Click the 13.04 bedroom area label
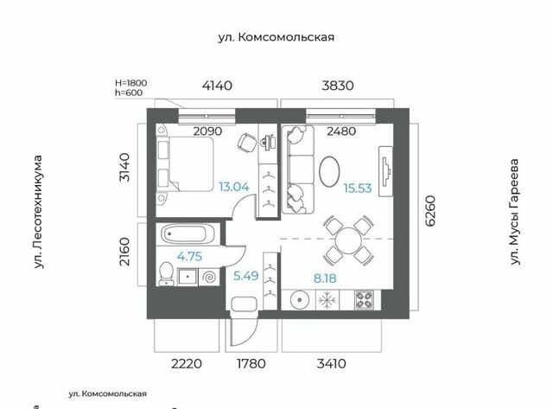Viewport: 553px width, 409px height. click(x=234, y=186)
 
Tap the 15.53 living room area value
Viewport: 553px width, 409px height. click(x=358, y=189)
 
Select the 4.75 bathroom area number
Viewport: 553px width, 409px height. click(x=189, y=256)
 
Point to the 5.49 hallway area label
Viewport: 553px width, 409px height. click(x=245, y=276)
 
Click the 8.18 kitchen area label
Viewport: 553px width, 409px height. click(x=325, y=278)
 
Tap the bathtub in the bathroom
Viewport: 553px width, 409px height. click(x=188, y=234)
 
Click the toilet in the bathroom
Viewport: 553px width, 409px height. click(x=166, y=274)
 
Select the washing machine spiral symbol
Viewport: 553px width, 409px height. click(x=208, y=277)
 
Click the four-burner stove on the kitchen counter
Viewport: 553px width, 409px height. click(x=364, y=300)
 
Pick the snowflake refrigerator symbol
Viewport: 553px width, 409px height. click(x=327, y=300)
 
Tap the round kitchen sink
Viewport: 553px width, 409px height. click(x=300, y=300)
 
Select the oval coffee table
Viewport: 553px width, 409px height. click(x=329, y=171)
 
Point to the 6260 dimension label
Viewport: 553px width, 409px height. click(x=430, y=211)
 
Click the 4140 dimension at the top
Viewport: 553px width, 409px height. click(x=217, y=86)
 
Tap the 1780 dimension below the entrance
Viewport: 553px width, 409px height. click(x=251, y=363)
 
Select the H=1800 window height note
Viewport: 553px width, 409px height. click(x=130, y=83)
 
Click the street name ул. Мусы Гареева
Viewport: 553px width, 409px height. click(x=515, y=212)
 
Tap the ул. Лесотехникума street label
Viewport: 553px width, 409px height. click(x=38, y=212)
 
